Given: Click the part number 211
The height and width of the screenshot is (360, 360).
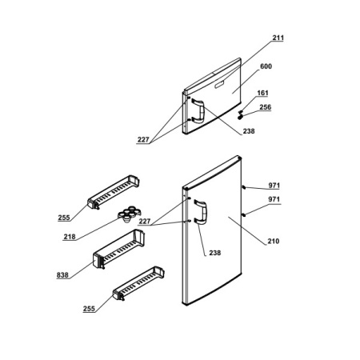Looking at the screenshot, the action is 278,38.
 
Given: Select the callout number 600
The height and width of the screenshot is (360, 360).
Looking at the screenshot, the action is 266,66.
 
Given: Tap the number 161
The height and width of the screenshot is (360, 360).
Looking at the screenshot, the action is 262,93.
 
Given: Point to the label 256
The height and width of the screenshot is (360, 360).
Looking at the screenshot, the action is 266,107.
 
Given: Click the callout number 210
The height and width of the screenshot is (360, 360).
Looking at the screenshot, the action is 274,241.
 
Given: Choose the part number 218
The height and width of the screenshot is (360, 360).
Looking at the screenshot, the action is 70,237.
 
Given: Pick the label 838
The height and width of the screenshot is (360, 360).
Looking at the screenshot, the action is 62,274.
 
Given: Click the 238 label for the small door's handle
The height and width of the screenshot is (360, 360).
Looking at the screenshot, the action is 249,131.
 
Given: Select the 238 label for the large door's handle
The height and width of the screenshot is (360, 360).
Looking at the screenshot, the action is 215,253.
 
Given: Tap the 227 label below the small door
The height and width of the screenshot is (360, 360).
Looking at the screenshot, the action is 143,139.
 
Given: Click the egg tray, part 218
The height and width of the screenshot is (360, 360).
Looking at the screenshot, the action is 129,214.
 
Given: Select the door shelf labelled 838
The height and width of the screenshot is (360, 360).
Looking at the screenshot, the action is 118,249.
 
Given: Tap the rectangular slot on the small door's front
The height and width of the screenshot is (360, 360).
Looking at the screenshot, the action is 220,85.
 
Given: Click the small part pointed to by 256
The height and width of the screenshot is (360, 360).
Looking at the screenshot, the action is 241,116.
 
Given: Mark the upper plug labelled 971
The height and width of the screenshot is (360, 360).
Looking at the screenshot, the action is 244,187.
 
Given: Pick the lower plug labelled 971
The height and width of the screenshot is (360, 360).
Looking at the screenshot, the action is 244,214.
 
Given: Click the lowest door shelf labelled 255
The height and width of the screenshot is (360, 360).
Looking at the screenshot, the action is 138,283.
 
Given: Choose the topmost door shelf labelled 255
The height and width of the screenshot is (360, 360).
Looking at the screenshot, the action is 114,192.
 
